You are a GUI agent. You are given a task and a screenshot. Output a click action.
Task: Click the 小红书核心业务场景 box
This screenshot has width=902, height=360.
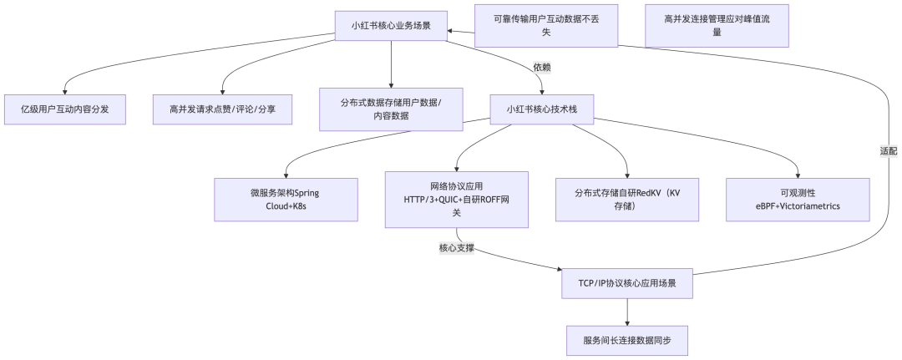point(391,25)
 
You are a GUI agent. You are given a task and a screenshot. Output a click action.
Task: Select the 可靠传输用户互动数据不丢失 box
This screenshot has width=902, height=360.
point(546,25)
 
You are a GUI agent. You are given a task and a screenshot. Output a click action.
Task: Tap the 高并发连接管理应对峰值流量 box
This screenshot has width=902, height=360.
point(717,25)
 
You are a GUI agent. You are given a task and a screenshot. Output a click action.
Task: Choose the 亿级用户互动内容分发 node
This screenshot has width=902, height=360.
point(64,109)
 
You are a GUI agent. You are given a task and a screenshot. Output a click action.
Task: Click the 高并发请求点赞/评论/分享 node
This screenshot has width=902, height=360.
point(222,109)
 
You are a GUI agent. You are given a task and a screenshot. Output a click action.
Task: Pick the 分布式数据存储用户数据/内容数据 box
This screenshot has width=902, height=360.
point(391,109)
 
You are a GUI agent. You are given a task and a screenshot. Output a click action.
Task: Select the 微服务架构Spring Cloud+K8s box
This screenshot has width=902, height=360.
point(285,199)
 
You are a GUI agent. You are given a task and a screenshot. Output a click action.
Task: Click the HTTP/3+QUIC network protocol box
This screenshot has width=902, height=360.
point(456,199)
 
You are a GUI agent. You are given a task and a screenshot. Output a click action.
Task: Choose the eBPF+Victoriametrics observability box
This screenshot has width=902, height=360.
point(798,199)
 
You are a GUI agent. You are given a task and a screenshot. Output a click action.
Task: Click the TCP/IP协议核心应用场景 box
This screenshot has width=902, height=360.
point(627,283)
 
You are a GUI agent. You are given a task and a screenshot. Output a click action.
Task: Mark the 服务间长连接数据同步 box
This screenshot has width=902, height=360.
point(627,340)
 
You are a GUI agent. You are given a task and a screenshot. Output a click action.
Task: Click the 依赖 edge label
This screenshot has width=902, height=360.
point(542,67)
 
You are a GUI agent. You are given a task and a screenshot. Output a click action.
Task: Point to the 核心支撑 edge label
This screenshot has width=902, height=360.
point(457,248)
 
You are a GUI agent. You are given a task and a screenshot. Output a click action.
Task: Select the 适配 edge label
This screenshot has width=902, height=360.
point(888,152)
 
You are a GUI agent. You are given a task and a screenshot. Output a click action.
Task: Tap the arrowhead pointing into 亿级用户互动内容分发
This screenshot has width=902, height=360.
point(64,90)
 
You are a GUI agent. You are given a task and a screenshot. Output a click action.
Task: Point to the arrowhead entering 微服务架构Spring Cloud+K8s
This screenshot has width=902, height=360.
point(285,174)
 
